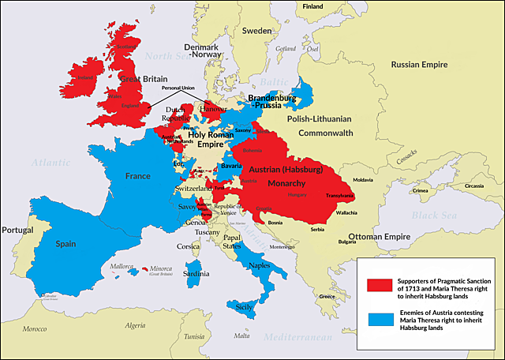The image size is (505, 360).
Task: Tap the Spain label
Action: tap(65, 244)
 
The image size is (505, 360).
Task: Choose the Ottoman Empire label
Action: tap(381, 236)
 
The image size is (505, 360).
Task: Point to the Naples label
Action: tap(261, 266)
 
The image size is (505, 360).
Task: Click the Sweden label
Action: tap(256, 31)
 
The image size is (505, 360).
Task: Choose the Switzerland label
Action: tap(193, 189)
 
